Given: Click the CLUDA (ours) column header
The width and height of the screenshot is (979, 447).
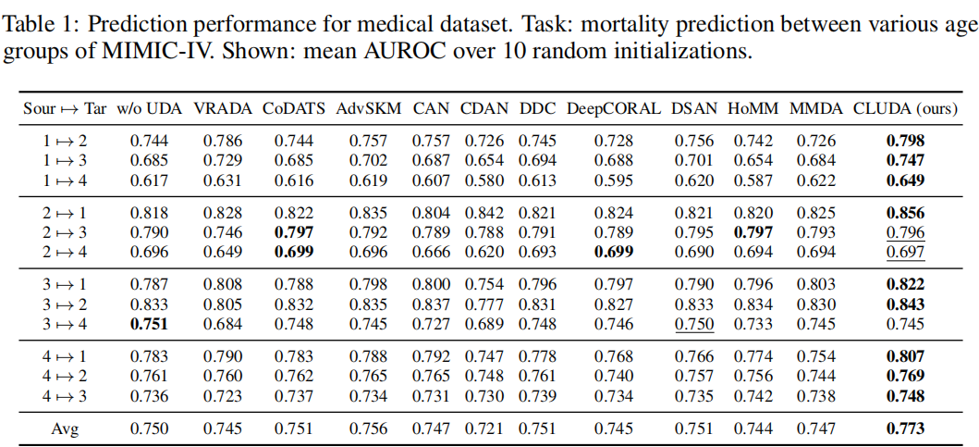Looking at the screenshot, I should [905, 108].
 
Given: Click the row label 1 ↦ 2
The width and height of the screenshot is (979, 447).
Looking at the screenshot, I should [65, 142].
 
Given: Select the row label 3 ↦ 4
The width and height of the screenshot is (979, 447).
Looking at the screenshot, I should [65, 323].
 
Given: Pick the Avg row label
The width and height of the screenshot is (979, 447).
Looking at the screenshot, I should [65, 428].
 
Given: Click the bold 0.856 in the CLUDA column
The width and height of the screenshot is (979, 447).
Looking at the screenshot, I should [905, 213].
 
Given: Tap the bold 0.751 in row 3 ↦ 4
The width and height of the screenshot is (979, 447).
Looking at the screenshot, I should [150, 323].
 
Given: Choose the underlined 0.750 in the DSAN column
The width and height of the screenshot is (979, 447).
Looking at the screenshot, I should [693, 323].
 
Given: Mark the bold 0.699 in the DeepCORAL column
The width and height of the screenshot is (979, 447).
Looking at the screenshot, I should [614, 252].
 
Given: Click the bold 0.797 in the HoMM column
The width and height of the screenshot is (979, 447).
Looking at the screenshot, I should [753, 232].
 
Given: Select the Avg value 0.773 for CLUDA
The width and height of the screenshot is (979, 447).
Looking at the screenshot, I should [905, 428].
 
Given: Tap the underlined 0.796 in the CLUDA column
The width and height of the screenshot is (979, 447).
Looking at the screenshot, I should [905, 232].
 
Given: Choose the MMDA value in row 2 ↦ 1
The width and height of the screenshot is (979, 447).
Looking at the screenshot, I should [816, 213].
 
